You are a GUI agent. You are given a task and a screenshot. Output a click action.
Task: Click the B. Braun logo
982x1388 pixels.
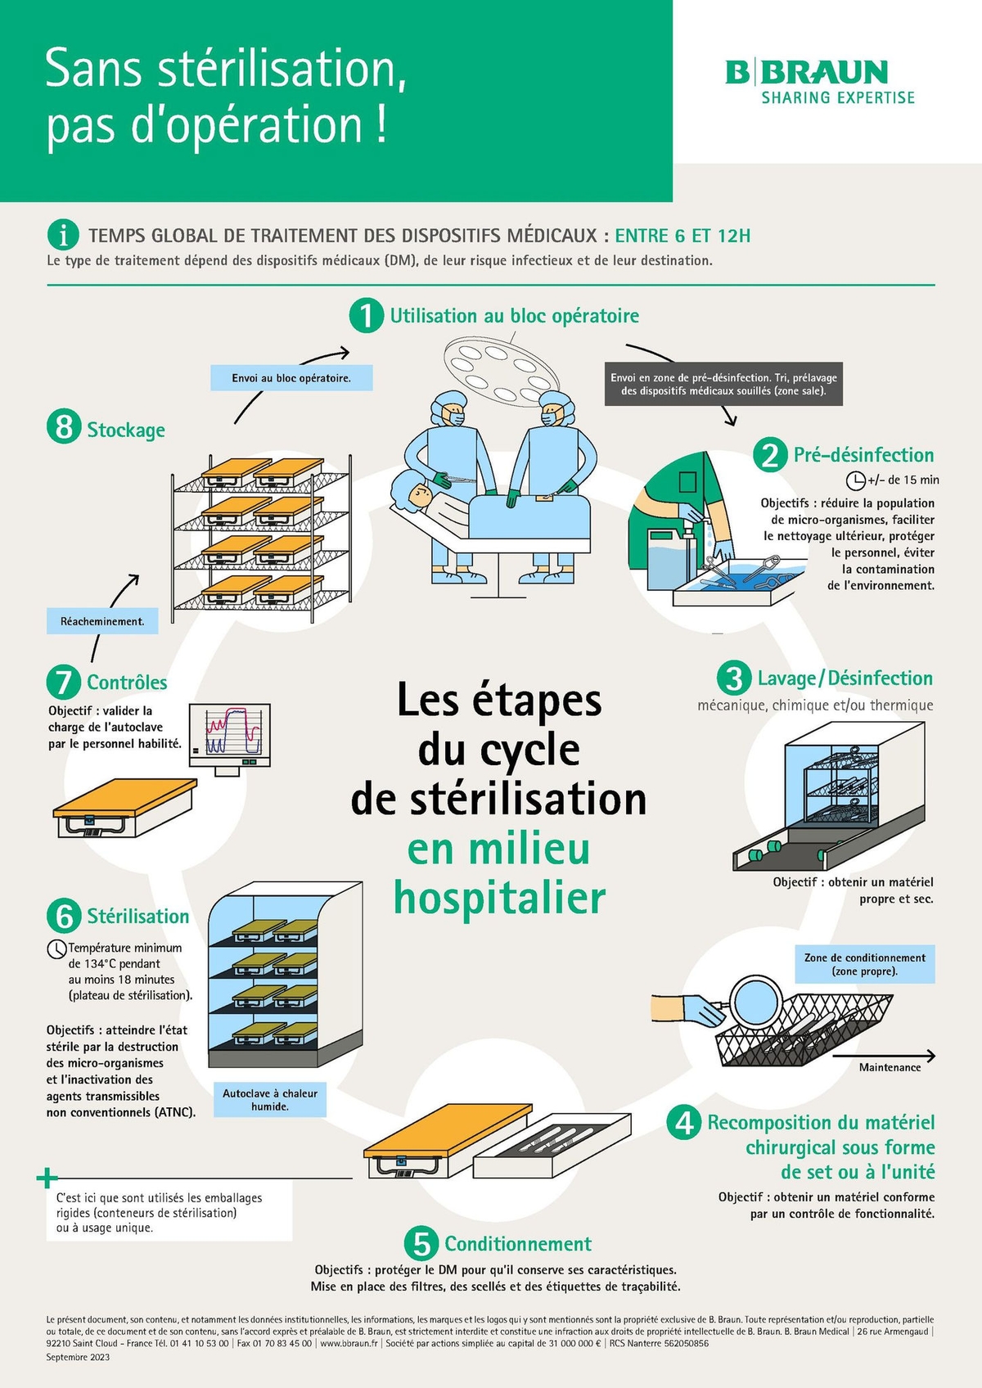click(819, 81)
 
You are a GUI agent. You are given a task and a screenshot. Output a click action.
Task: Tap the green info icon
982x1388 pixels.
click(63, 235)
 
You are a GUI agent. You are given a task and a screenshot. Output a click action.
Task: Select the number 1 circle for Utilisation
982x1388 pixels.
click(366, 315)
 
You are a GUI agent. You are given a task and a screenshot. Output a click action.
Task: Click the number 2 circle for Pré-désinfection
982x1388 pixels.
click(770, 455)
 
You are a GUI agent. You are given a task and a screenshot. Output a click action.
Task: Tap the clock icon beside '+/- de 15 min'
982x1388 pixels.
click(855, 480)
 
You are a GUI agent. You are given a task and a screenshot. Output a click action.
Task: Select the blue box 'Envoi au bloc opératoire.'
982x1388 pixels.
click(291, 378)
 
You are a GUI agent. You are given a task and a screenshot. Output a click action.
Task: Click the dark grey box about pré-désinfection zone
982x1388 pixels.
click(723, 384)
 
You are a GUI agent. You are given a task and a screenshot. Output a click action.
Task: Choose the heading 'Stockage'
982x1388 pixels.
click(126, 430)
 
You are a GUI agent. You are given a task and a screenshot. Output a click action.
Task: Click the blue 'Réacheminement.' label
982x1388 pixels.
click(102, 621)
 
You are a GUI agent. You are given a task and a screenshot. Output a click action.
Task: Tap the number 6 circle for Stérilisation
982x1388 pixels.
click(64, 916)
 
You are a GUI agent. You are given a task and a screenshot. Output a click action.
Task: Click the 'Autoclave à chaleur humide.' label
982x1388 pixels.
click(270, 1099)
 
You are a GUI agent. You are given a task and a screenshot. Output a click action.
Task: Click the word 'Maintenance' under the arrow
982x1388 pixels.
click(890, 1067)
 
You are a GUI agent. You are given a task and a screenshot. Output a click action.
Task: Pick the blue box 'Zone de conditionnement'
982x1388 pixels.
click(864, 964)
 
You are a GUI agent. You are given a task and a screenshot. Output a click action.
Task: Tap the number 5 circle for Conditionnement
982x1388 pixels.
click(421, 1244)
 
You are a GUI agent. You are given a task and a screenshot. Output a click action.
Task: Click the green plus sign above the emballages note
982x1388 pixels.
click(47, 1178)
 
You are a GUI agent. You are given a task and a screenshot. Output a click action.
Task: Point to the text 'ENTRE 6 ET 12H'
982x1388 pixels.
click(682, 236)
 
